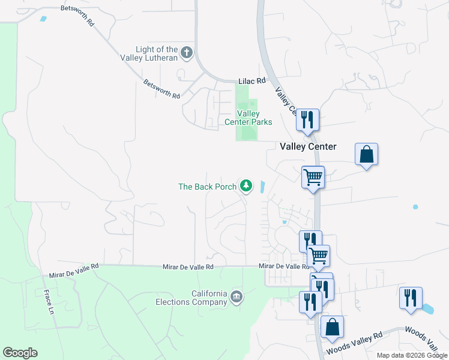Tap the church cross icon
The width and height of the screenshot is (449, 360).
[187, 53]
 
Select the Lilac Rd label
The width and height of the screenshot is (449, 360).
[252, 80]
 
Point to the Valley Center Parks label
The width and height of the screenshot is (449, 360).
[249, 118]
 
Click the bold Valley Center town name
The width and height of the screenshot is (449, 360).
[308, 146]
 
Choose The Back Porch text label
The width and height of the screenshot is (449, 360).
[207, 187]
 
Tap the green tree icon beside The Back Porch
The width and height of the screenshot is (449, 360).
[246, 186]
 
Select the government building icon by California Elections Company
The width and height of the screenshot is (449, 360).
[237, 296]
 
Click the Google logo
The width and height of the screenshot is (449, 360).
[20, 353]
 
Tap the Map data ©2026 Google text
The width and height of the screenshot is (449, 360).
[412, 355]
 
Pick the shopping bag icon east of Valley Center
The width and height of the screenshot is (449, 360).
[366, 155]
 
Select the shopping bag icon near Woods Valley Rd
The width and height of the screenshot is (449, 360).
[332, 328]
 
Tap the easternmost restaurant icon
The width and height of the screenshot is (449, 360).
[411, 298]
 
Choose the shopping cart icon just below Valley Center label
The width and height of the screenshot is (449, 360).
[313, 178]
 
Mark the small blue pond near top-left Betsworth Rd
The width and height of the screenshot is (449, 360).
[42, 19]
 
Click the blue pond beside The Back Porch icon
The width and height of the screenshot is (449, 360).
[262, 187]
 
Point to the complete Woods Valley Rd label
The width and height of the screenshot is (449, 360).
[353, 344]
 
